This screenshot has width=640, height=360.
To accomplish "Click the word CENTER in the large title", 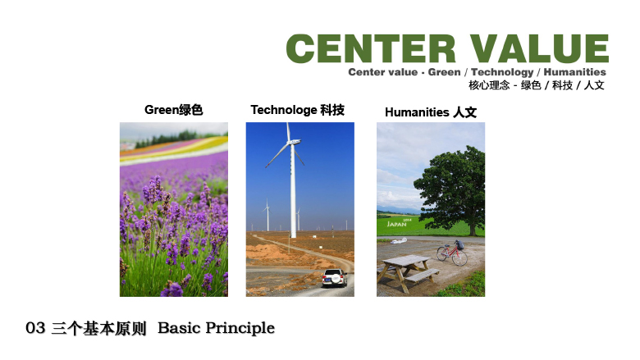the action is click(371, 48).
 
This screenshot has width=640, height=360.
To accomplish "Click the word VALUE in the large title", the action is click(539, 48).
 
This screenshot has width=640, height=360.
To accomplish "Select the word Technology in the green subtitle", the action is click(502, 72).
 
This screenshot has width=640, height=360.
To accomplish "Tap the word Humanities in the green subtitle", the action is click(574, 72).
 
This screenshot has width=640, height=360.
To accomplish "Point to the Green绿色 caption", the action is click(173, 110).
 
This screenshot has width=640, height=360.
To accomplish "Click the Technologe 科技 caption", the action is click(298, 110).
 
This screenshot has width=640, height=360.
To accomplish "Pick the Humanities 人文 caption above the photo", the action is click(431, 112).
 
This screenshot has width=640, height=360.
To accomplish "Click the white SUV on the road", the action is click(334, 278).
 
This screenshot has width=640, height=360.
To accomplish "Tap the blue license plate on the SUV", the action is click(327, 280).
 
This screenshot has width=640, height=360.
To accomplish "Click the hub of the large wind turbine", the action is click(291, 143).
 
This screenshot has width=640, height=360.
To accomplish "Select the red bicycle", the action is click(452, 253).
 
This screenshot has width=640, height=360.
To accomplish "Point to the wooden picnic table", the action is click(406, 271).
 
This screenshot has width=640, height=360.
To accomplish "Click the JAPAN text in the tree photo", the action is click(396, 224).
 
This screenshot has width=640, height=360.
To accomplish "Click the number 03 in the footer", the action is click(35, 328).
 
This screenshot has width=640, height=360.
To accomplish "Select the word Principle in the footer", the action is click(240, 328).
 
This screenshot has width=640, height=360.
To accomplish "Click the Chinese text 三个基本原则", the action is click(98, 328).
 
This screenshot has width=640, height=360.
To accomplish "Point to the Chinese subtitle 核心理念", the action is click(489, 85).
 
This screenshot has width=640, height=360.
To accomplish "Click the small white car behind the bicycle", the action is click(399, 241).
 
